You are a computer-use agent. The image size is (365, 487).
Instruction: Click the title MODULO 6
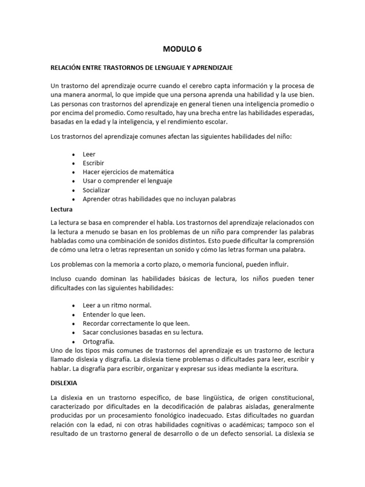coord(182,49)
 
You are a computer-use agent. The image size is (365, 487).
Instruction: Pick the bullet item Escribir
coord(94,163)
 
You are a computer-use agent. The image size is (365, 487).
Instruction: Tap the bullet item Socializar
coord(96,190)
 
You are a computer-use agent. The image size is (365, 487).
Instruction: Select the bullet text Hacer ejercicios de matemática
coord(128,172)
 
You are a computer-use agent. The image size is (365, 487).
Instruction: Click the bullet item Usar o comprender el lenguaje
coord(127,181)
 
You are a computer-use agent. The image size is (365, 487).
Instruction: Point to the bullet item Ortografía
coord(98,341)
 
